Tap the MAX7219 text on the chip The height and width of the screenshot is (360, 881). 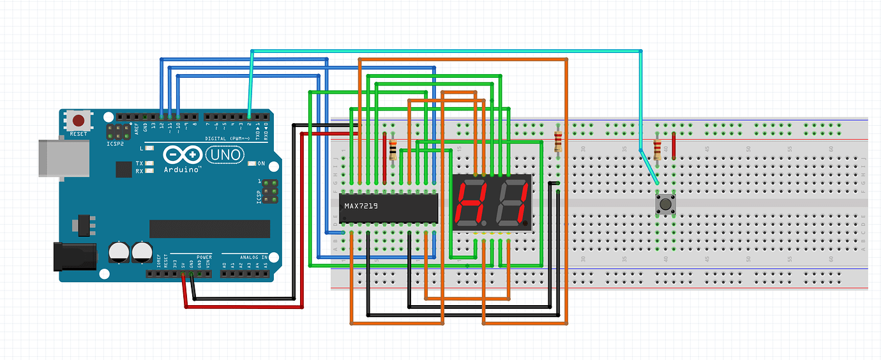coord(361,206)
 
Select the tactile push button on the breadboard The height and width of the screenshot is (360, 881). coord(665,205)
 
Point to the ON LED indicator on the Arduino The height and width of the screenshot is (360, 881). coord(253,164)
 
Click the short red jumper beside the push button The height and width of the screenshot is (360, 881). coord(674,146)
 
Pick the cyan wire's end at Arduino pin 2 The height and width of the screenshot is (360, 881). coord(249,117)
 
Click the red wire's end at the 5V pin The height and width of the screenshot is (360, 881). coord(183,275)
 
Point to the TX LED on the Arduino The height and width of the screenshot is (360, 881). coord(149,163)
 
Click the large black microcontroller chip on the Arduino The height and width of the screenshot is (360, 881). coord(209,229)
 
